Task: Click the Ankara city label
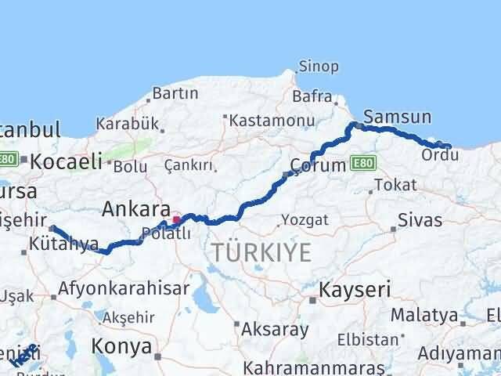(x=136, y=209)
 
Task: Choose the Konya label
(x=121, y=345)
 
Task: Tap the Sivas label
(x=420, y=220)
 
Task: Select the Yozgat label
(x=305, y=219)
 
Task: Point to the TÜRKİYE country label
(x=261, y=252)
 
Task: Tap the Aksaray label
(x=276, y=329)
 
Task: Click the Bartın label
(x=175, y=93)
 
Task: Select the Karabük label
(x=128, y=124)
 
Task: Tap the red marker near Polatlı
(x=176, y=220)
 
